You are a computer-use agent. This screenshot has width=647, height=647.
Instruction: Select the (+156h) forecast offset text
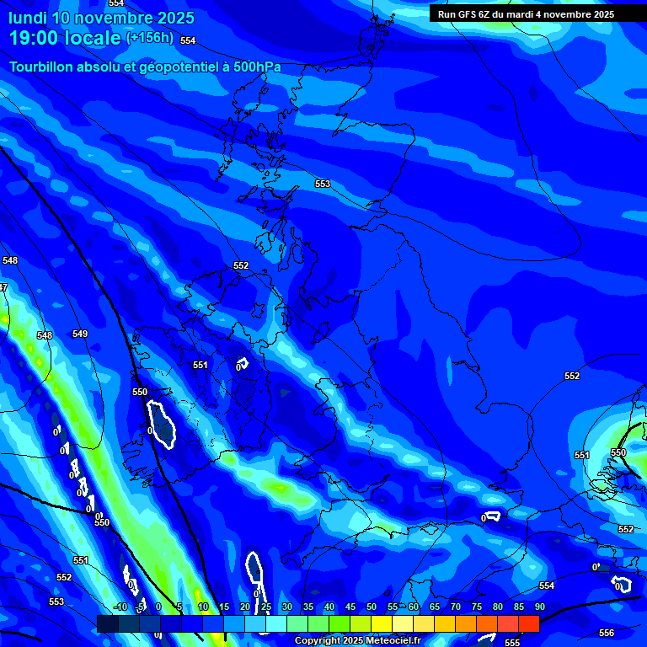pos(150,37)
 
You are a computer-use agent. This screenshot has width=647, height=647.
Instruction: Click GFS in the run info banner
pos(468,14)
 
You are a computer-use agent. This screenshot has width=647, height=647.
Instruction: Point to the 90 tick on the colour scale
pos(539,607)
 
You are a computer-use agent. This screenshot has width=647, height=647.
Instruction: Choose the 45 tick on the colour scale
pos(350,607)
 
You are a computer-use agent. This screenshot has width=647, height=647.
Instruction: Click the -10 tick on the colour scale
pos(120,607)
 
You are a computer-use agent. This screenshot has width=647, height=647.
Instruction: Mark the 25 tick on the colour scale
pos(265,607)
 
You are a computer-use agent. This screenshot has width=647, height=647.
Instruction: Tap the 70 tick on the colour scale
pos(455,607)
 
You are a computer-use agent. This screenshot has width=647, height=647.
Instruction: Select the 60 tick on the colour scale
pos(413,607)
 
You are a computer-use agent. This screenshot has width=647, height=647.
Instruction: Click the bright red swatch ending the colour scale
pos(528,623)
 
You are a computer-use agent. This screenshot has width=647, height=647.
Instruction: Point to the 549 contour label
pos(80,334)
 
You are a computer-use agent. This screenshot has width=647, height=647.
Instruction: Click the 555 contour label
pos(512,642)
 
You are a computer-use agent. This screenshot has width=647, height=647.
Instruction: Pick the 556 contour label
pos(607,633)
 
